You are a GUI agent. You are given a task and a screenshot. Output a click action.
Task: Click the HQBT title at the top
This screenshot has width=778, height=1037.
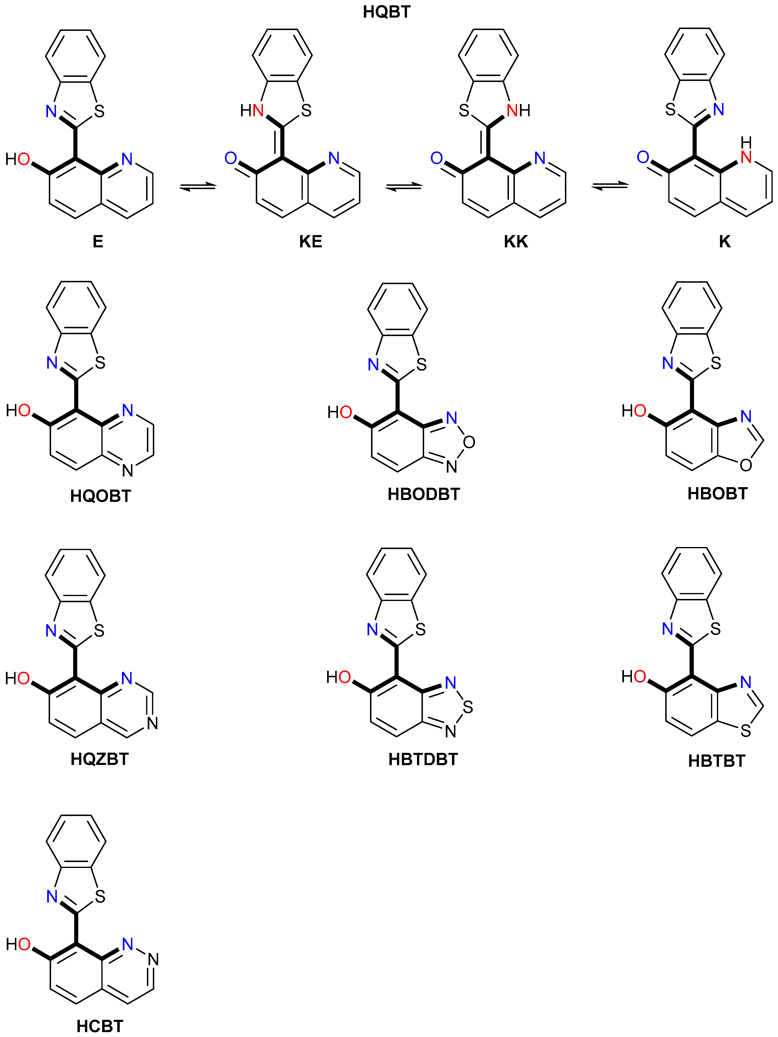point(387,12)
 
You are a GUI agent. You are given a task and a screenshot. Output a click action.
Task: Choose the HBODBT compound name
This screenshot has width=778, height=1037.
point(424,494)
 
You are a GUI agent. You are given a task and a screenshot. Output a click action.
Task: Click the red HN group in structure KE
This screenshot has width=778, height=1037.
point(252,111)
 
